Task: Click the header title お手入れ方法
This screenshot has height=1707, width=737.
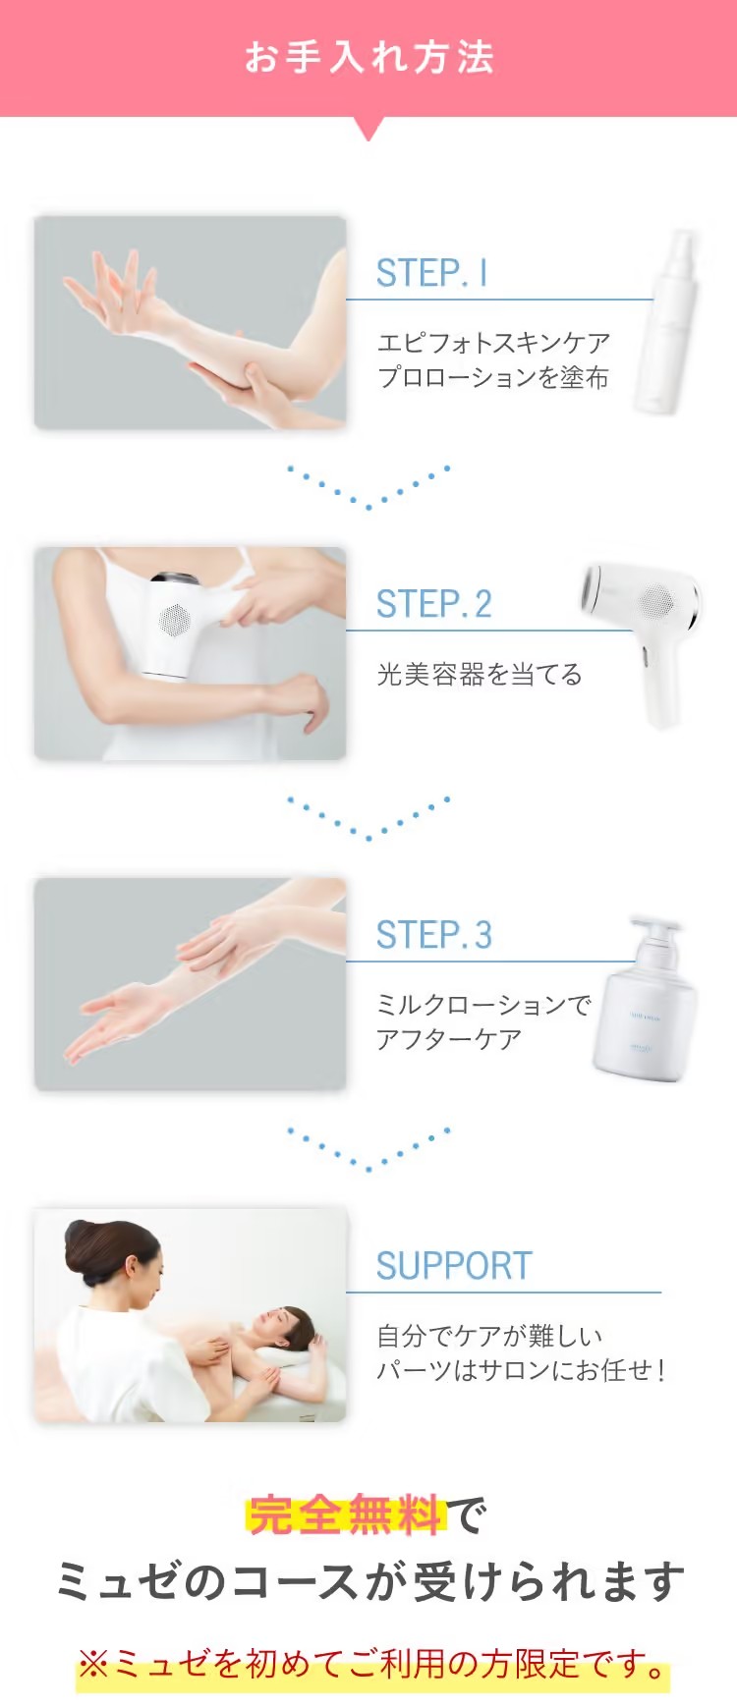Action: (x=368, y=57)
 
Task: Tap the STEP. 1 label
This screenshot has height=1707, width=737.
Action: (x=431, y=273)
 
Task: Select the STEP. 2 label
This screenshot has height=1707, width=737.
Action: (x=433, y=604)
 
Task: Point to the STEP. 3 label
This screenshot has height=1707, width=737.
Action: (x=433, y=935)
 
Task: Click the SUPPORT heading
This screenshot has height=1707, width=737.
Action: (x=454, y=1266)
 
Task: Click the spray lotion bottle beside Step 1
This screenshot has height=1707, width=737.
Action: (x=668, y=322)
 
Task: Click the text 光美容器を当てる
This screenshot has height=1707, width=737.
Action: (x=480, y=675)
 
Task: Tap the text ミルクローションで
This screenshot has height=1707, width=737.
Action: (x=483, y=1005)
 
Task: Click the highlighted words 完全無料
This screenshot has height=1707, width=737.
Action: (x=346, y=1515)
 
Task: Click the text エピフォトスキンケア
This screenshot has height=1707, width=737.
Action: (x=493, y=343)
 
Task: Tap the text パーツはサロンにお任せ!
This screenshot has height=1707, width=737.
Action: (x=521, y=1370)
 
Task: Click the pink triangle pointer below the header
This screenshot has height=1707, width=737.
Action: (x=368, y=129)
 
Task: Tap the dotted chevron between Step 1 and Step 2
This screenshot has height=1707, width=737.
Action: (x=368, y=487)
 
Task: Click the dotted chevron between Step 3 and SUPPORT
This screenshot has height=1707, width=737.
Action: (x=368, y=1149)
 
